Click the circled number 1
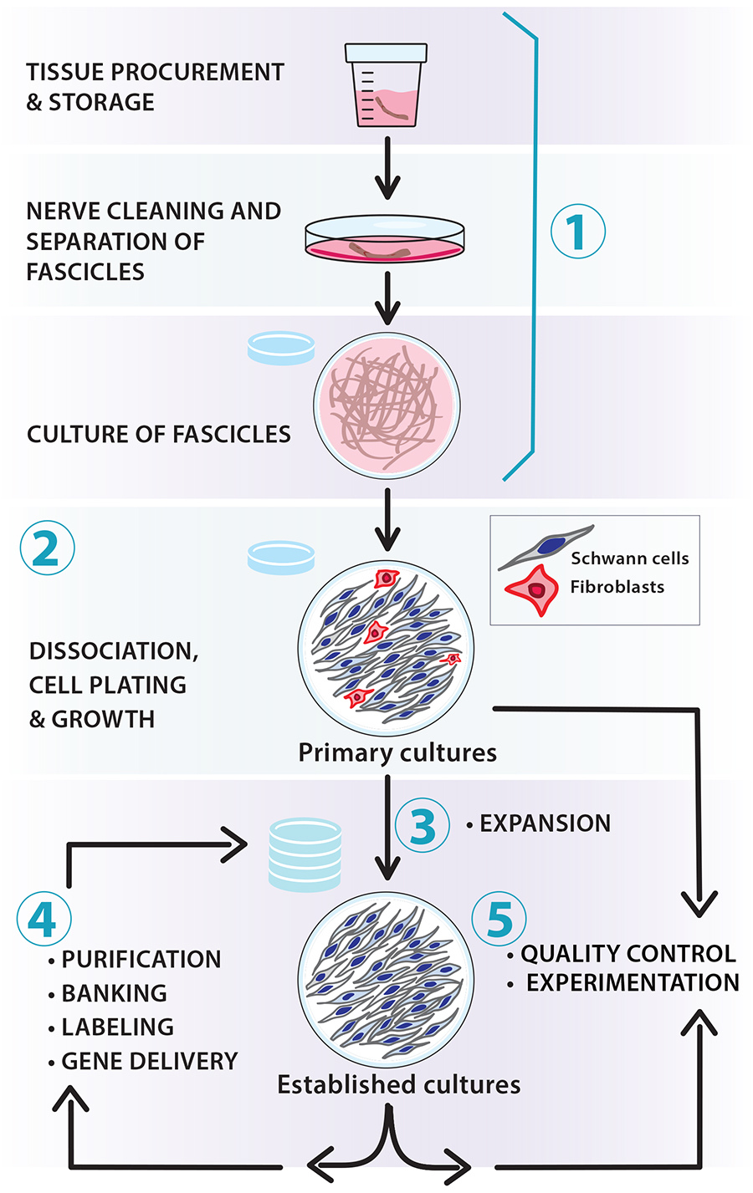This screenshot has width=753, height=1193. (577, 231)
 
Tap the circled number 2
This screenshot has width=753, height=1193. (47, 548)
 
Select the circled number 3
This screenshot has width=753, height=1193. (423, 825)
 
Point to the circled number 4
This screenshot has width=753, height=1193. (44, 919)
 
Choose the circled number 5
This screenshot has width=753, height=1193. (499, 919)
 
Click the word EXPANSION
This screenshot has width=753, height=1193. (546, 823)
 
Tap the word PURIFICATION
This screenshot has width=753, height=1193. (141, 959)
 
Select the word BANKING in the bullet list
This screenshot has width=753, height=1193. (114, 993)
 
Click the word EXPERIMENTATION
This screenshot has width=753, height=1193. (633, 982)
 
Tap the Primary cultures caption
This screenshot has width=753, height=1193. (397, 753)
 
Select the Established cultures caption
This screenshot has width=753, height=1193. (398, 1084)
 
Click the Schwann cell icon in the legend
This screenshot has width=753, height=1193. (546, 547)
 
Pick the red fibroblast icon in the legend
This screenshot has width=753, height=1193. (532, 590)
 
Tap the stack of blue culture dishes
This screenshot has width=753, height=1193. (305, 854)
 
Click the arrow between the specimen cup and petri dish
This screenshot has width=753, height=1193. (387, 168)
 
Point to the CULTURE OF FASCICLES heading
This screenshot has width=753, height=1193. (159, 434)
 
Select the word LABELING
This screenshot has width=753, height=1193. (118, 1027)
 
